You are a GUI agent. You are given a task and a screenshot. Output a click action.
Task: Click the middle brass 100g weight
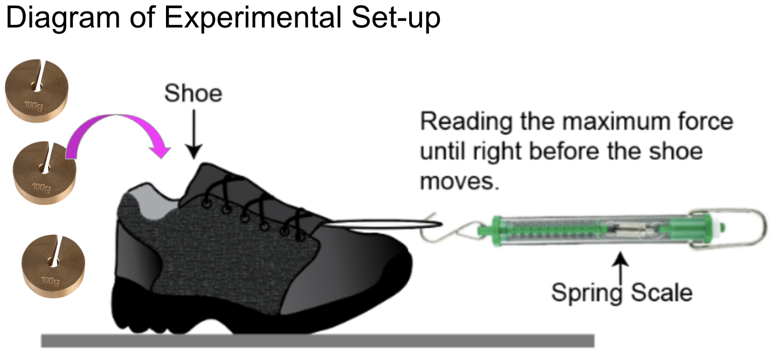pyautogui.click(x=45, y=172)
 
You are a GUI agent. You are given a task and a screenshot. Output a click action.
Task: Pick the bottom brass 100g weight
pyautogui.click(x=53, y=264)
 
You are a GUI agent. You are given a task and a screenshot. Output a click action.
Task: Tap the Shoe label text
pyautogui.click(x=193, y=94)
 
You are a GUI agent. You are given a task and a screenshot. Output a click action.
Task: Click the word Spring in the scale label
pyautogui.click(x=584, y=293)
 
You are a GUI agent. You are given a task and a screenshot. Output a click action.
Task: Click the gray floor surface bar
pyautogui.click(x=317, y=341)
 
